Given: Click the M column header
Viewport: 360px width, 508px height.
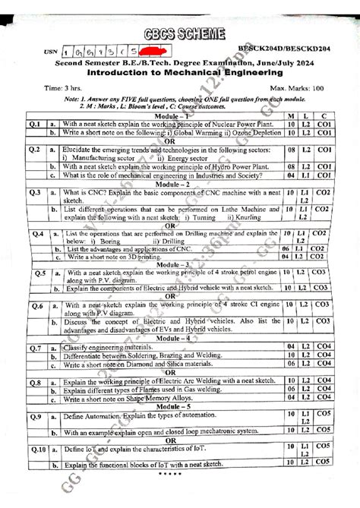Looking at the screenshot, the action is click(x=292, y=114).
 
